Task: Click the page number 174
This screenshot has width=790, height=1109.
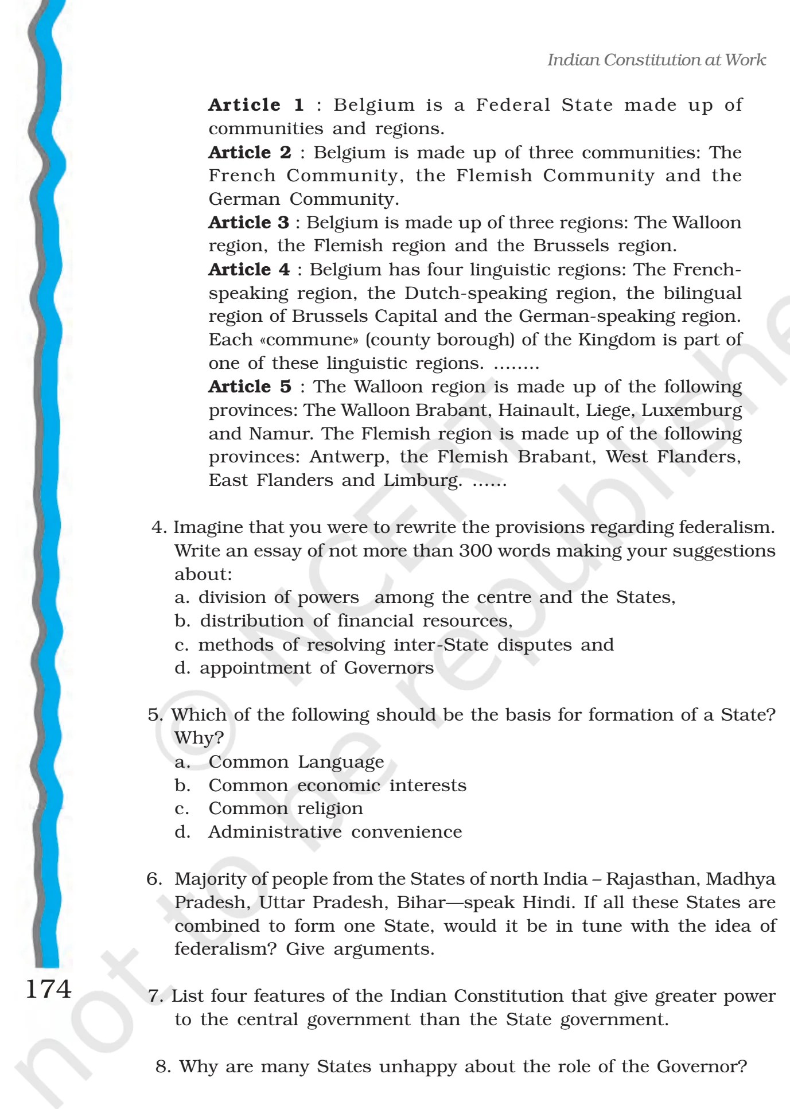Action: coord(48,989)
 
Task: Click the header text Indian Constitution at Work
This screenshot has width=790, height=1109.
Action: coord(656,60)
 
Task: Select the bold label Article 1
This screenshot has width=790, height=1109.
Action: coord(256,105)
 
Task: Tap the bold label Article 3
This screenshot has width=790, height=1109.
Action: coord(248,222)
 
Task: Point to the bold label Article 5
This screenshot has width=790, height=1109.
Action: coord(250,387)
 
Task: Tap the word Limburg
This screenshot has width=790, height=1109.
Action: coord(422,480)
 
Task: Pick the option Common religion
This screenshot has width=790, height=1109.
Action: coord(285,808)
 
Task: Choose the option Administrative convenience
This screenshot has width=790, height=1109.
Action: coord(334,832)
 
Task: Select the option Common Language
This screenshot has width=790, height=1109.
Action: coord(296,762)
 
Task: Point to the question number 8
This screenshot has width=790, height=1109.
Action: coord(163,1067)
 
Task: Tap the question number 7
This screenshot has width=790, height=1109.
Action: coord(155,997)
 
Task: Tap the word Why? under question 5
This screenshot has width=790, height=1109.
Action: coord(199,738)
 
